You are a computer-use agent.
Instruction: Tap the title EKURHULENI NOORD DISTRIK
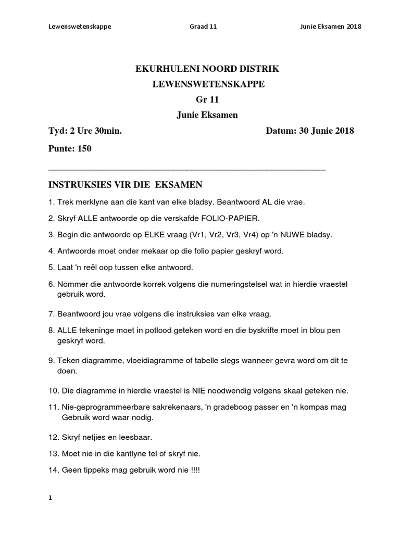point(201,69)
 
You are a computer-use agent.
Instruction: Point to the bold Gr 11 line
point(201,100)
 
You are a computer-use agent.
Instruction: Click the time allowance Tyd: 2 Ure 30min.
point(85,131)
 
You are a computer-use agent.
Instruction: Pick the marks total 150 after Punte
point(84,149)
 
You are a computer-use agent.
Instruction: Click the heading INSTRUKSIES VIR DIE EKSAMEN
point(125,185)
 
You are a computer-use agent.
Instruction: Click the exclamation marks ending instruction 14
point(194,470)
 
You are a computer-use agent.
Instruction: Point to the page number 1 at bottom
point(51,498)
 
